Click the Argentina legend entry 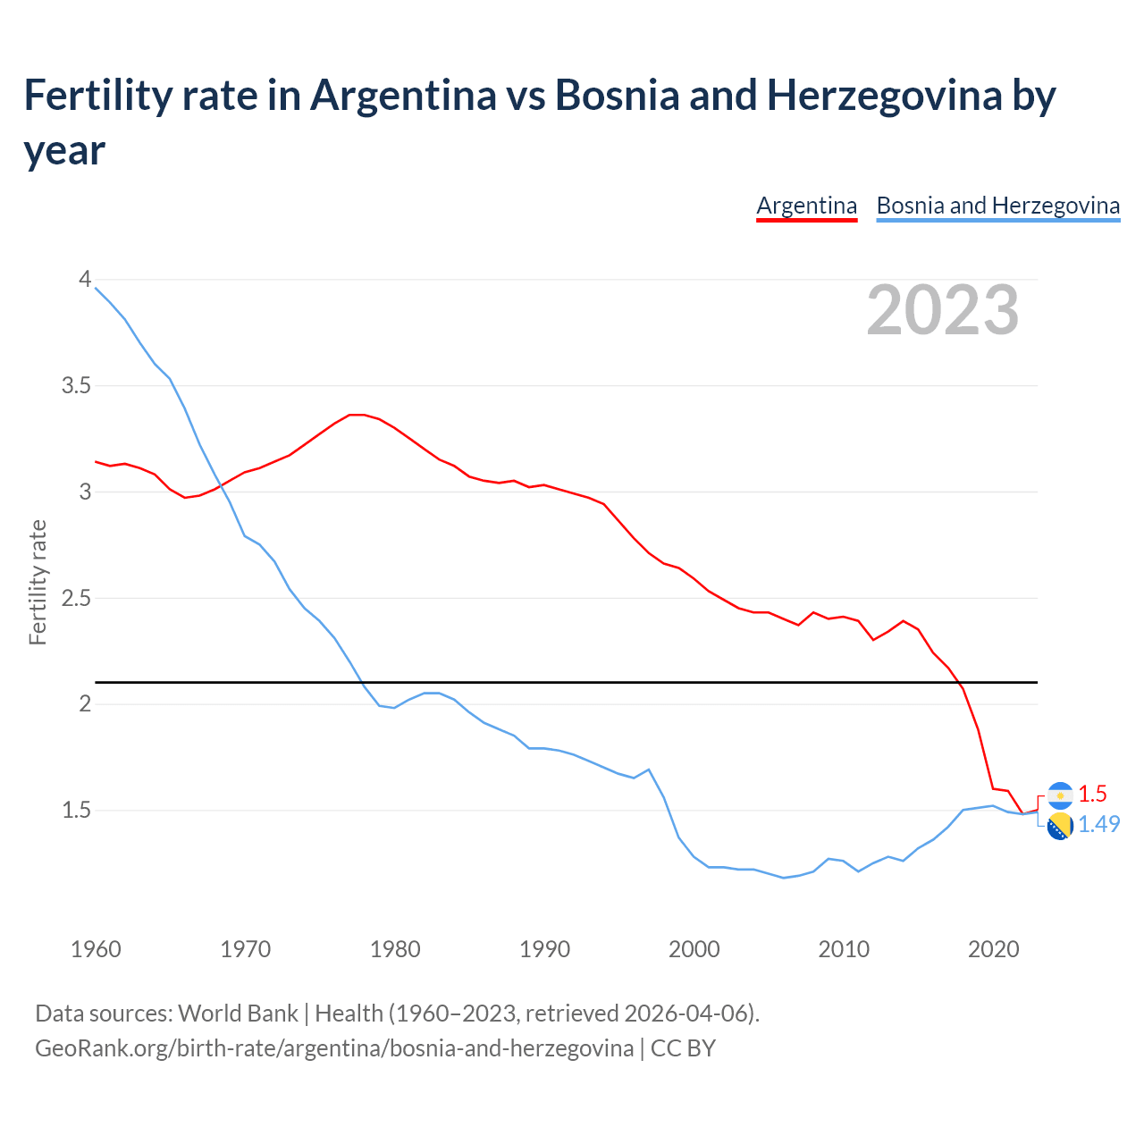coord(806,206)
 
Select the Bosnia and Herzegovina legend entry coord(997,206)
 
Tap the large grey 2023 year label coord(943,310)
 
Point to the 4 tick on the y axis coord(85,279)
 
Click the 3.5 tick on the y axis coord(76,385)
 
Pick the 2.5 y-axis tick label coord(76,598)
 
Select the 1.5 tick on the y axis coord(76,810)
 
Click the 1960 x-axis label coord(96,949)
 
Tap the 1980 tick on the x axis coord(395,949)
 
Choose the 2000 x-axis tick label coord(694,949)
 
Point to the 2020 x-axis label coord(993,949)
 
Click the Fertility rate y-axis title coord(38,582)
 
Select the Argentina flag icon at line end coord(1060,795)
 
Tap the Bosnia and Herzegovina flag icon coord(1060,827)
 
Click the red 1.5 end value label coord(1092,794)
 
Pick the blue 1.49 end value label coord(1098,824)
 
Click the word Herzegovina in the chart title coord(885,95)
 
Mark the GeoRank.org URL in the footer coord(333,1047)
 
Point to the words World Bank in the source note coord(238,1013)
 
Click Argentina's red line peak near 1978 coord(357,415)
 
